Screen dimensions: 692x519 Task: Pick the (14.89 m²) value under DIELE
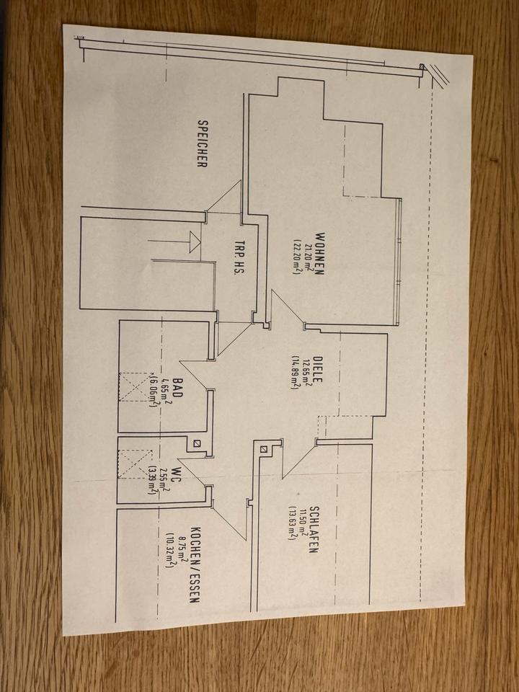(x=295, y=372)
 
